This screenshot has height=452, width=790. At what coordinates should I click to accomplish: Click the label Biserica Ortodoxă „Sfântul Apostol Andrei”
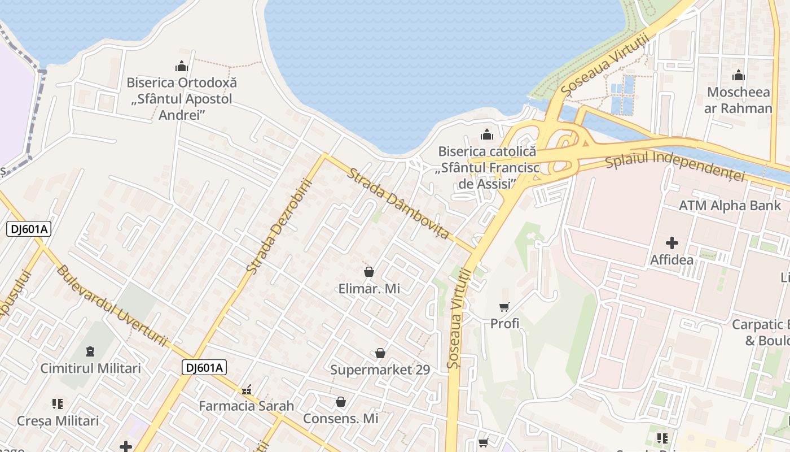[x=181, y=99]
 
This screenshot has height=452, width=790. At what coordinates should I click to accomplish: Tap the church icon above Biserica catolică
[x=486, y=134]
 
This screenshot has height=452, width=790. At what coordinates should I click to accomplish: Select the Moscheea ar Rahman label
[x=738, y=100]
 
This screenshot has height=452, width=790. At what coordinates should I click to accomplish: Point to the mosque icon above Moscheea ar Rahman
[x=738, y=75]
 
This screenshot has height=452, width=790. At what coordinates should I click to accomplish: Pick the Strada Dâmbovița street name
[x=398, y=202]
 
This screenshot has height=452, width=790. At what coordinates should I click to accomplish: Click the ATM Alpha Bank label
[x=730, y=206]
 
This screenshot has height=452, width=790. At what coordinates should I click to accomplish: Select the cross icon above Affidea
[x=671, y=244]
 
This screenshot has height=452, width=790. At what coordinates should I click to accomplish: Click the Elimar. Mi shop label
[x=369, y=289]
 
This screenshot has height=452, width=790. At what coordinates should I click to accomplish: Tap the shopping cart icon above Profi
[x=504, y=307]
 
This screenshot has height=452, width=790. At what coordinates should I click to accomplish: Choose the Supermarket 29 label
[x=380, y=370]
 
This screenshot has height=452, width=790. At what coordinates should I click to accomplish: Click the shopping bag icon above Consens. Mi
[x=340, y=402]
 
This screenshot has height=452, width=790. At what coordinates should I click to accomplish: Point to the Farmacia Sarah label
[x=246, y=406]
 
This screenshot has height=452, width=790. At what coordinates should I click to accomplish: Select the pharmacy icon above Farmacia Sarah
[x=246, y=390]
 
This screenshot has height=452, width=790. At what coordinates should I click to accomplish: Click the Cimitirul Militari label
[x=90, y=368]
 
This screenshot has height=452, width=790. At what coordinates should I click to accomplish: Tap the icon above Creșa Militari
[x=58, y=404]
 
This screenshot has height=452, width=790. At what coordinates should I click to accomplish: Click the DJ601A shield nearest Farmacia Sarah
[x=204, y=368]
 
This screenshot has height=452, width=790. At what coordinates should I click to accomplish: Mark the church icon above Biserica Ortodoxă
[x=181, y=66]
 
